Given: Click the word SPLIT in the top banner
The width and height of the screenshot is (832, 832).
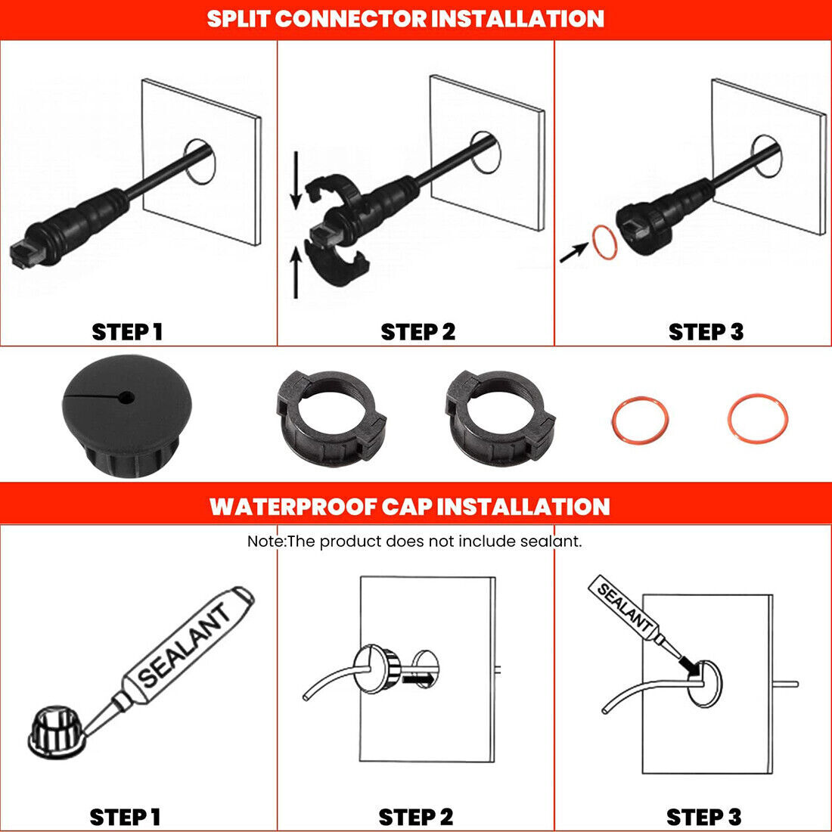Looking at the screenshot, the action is (x=238, y=19).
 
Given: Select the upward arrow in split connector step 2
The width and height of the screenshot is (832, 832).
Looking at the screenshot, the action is (x=296, y=272).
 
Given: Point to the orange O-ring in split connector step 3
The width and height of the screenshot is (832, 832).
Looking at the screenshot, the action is (x=604, y=243).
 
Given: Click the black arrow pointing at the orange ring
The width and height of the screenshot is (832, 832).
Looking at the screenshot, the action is (x=574, y=253).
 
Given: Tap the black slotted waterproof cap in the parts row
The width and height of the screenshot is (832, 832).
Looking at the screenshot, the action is (x=126, y=416).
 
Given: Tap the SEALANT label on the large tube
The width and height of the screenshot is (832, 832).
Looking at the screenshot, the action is (x=184, y=644).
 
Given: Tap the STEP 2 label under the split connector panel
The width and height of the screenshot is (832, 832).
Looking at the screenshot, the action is (x=418, y=332).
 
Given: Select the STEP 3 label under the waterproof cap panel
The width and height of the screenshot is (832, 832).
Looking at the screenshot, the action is (x=703, y=817).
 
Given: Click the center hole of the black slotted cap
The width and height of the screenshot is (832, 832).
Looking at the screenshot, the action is (x=126, y=397).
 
